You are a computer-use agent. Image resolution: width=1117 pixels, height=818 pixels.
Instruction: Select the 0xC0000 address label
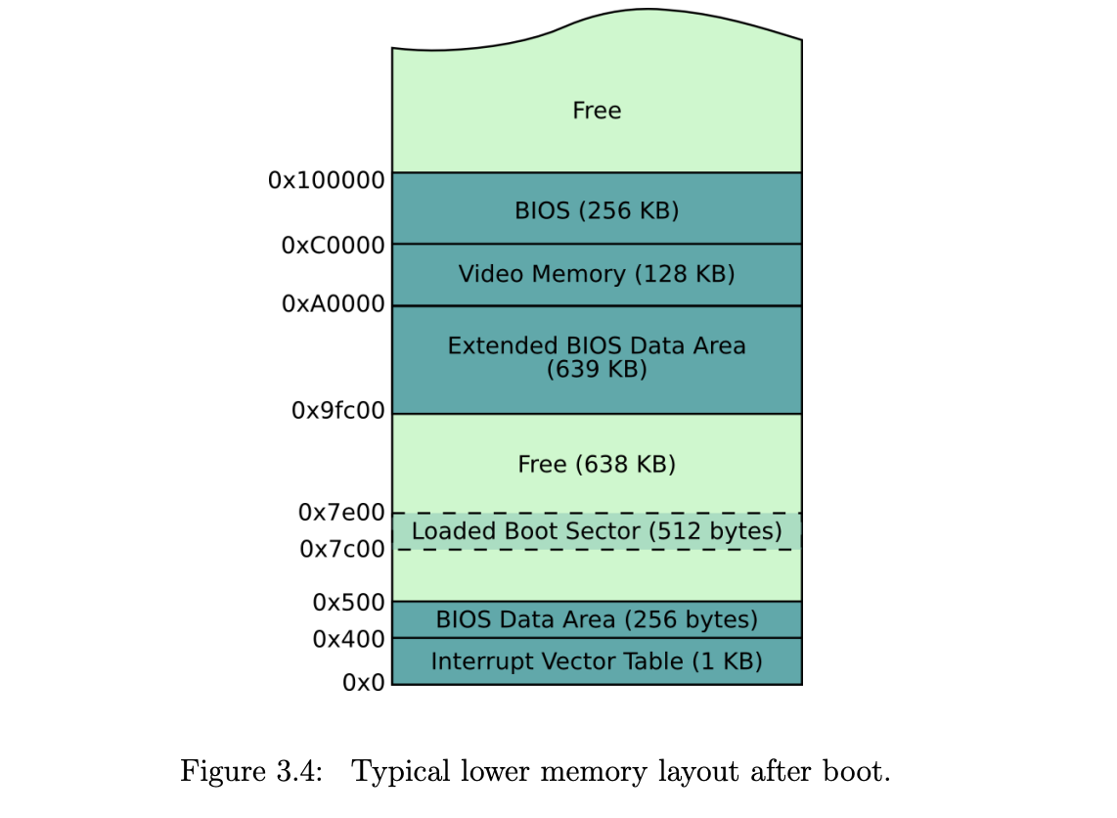[333, 246]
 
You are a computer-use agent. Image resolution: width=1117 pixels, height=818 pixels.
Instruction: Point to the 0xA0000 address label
[333, 304]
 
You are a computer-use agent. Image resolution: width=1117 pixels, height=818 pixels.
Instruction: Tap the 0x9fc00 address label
[337, 412]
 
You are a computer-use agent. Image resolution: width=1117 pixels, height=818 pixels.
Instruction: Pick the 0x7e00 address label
[341, 512]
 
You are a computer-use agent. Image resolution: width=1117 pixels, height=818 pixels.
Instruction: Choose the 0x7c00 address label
[341, 550]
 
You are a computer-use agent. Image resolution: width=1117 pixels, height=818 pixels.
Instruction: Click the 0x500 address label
[348, 603]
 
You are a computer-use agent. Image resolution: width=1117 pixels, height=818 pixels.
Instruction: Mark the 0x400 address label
[348, 640]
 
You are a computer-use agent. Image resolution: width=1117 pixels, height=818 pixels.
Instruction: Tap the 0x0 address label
[363, 683]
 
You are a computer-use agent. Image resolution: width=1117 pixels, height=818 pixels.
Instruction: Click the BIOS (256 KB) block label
[597, 210]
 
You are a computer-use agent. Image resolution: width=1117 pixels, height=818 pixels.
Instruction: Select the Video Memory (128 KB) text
[597, 274]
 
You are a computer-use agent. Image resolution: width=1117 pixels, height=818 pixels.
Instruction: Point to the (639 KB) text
[597, 370]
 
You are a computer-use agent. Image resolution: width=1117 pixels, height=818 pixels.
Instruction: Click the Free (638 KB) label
[597, 464]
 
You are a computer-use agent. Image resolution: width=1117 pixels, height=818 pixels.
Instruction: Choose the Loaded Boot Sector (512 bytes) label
[597, 531]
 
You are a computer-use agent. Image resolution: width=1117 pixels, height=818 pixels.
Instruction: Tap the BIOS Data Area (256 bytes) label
[597, 619]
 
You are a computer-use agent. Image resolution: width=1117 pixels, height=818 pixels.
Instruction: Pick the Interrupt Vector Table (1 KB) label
[597, 661]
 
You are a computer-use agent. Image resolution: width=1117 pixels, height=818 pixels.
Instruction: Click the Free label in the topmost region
[597, 111]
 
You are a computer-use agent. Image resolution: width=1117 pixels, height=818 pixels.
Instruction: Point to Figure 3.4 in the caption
[251, 772]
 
